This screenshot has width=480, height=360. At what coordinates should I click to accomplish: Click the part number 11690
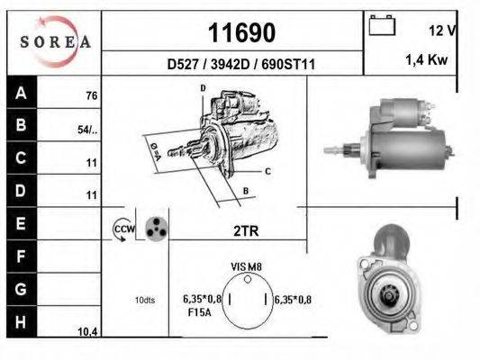[x=241, y=33]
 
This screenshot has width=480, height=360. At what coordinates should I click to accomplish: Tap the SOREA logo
[x=55, y=40]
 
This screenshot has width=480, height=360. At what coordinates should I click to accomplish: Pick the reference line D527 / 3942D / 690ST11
[x=240, y=65]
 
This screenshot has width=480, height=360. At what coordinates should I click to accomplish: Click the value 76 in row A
[x=91, y=96]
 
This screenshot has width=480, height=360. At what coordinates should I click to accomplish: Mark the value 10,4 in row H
[x=87, y=332]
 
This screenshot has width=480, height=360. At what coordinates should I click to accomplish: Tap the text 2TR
[x=246, y=231]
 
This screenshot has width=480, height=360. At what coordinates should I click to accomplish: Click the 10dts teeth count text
[x=144, y=300]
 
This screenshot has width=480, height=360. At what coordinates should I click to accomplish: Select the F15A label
[x=198, y=312]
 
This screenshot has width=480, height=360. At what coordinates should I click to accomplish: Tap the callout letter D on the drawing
[x=204, y=87]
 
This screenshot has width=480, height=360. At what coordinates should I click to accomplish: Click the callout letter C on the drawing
[x=267, y=170]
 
